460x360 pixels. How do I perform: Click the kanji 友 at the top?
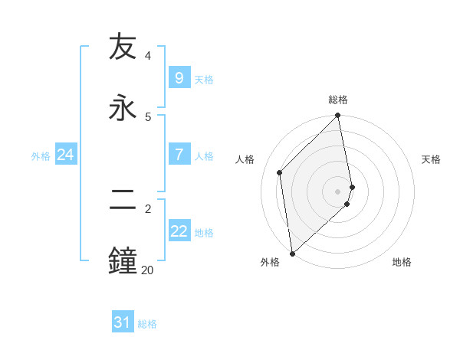(123, 48)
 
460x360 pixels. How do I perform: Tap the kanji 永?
(123, 107)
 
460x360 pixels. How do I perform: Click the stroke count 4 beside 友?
(148, 56)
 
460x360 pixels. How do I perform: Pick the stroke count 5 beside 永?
(148, 116)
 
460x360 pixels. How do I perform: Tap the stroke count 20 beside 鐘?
(147, 269)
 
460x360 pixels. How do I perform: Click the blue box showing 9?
(179, 78)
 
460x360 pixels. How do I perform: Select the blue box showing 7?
(179, 155)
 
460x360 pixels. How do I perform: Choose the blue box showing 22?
(179, 231)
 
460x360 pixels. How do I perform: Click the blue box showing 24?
(65, 155)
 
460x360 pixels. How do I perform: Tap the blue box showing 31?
(123, 323)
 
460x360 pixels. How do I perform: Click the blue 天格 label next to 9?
(204, 80)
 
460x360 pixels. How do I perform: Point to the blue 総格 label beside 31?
(148, 325)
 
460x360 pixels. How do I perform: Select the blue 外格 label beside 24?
(41, 156)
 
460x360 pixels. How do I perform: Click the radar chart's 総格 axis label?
(338, 100)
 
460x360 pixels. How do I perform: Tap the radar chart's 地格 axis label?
(402, 262)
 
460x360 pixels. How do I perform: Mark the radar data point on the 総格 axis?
(338, 116)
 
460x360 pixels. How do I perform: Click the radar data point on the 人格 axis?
(280, 172)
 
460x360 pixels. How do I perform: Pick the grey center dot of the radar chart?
(338, 191)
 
